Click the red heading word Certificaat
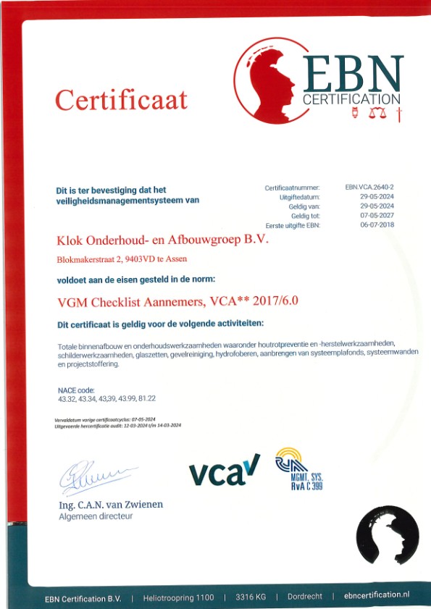(x=121, y=98)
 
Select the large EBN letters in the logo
(x=353, y=73)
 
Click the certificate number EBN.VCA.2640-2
(x=369, y=187)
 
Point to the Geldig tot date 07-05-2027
(x=377, y=216)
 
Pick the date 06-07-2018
(x=377, y=225)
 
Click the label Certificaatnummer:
(x=292, y=188)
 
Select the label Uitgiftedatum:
(x=299, y=197)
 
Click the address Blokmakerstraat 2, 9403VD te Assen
(x=122, y=259)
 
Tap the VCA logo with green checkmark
(x=224, y=472)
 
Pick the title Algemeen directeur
(x=96, y=516)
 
